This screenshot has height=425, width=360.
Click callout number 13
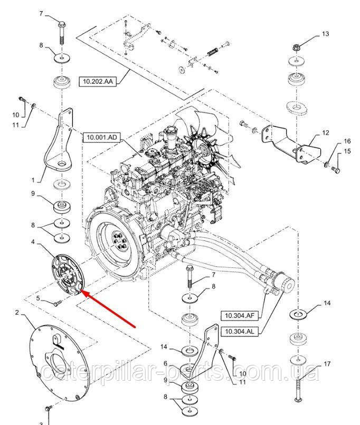click(x=325, y=34)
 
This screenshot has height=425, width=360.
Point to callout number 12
click(x=325, y=132)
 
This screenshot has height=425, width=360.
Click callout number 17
click(x=327, y=364)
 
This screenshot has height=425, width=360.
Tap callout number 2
click(x=17, y=313)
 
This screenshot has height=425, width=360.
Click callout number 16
click(x=347, y=141)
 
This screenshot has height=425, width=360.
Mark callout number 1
click(x=33, y=180)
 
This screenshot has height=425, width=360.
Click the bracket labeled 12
click(x=288, y=140)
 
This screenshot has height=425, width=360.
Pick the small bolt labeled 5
click(x=58, y=302)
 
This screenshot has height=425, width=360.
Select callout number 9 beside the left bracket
click(x=33, y=194)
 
